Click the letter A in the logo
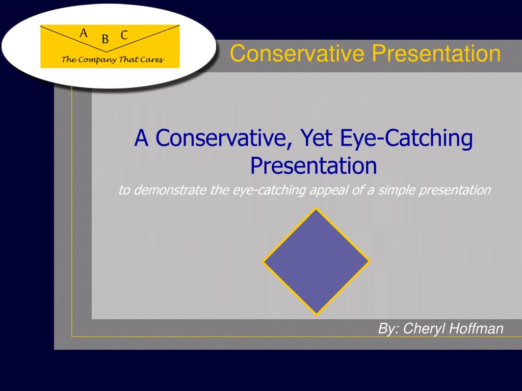click(x=84, y=34)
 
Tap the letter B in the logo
click(x=105, y=39)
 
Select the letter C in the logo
click(x=124, y=35)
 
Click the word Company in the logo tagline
click(x=97, y=60)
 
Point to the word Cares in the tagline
click(x=152, y=60)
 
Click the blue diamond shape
click(x=316, y=261)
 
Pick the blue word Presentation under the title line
click(x=314, y=165)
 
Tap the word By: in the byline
click(x=388, y=329)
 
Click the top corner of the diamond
click(x=316, y=209)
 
